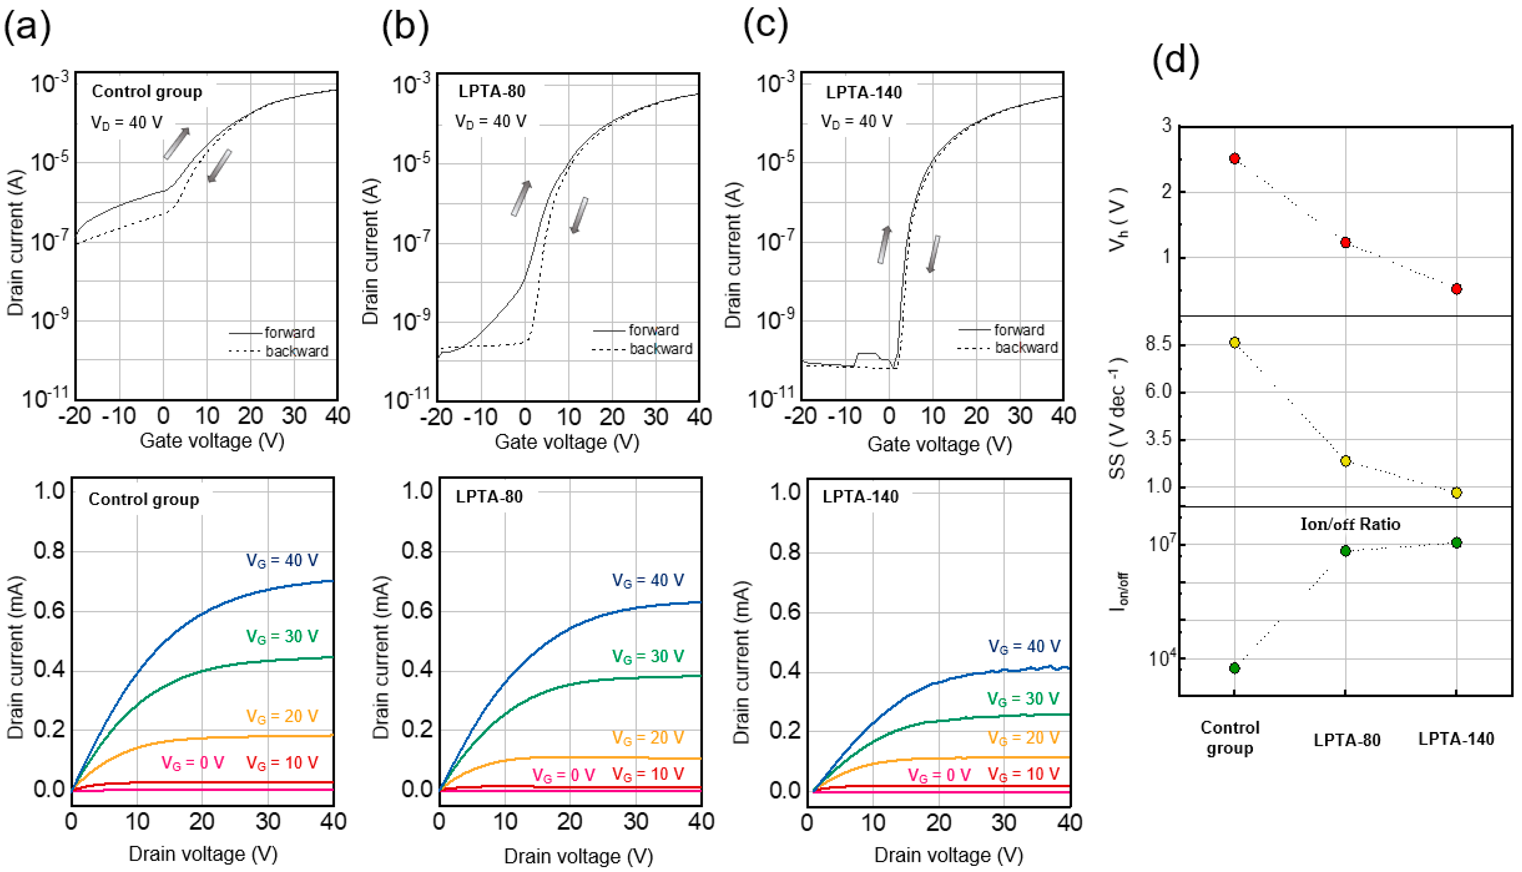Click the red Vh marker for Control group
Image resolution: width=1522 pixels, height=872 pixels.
[x=1234, y=159]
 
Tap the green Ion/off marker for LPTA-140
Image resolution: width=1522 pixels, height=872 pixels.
[x=1457, y=542]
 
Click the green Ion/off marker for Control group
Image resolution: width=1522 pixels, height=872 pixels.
[x=1234, y=668]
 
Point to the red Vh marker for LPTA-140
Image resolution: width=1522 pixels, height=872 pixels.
[x=1457, y=289]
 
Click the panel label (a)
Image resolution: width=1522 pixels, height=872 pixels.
[x=27, y=27]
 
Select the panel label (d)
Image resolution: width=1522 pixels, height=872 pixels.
[x=1175, y=60]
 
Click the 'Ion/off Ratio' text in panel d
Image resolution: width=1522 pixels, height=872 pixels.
[x=1350, y=525]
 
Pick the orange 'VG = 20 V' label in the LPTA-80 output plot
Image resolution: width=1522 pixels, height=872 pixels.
[x=648, y=738]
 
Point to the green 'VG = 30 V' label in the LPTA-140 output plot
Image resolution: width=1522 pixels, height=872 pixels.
[x=1024, y=699]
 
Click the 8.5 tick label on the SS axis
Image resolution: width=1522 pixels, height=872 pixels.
[x=1158, y=344]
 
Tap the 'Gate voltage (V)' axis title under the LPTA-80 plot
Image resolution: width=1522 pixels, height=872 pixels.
[x=567, y=442]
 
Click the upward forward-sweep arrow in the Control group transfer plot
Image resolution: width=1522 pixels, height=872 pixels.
[x=177, y=144]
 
